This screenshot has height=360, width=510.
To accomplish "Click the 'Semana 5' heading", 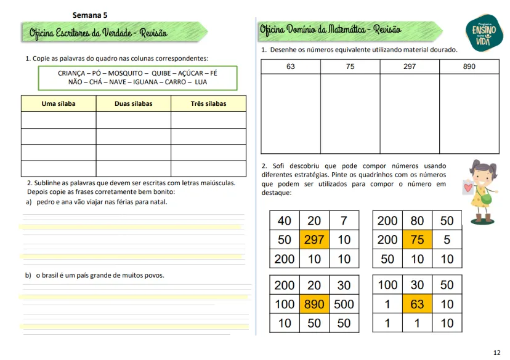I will pyautogui.click(x=90, y=15).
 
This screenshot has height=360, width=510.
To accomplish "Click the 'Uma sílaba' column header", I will pyautogui.click(x=59, y=103).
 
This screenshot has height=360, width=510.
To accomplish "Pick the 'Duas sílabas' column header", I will pyautogui.click(x=133, y=103).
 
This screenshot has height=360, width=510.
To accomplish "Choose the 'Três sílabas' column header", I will pyautogui.click(x=208, y=103).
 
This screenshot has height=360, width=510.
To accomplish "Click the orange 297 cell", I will pyautogui.click(x=314, y=239).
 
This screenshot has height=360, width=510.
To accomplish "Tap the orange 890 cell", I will pyautogui.click(x=314, y=304).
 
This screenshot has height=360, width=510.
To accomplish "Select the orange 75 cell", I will pyautogui.click(x=418, y=239).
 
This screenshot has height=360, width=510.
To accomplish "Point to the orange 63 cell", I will pyautogui.click(x=418, y=304).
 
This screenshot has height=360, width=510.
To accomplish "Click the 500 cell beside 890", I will pyautogui.click(x=344, y=304).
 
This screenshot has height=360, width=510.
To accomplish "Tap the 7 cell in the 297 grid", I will pyautogui.click(x=344, y=221).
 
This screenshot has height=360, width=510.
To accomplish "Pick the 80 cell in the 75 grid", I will pyautogui.click(x=418, y=221).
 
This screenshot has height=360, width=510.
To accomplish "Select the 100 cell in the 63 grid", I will pyautogui.click(x=387, y=286).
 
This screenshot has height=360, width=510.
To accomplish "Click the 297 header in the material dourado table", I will pyautogui.click(x=410, y=66).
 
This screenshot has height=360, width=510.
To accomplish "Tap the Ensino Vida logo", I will pyautogui.click(x=484, y=30).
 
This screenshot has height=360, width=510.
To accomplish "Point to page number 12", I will pyautogui.click(x=496, y=353).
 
